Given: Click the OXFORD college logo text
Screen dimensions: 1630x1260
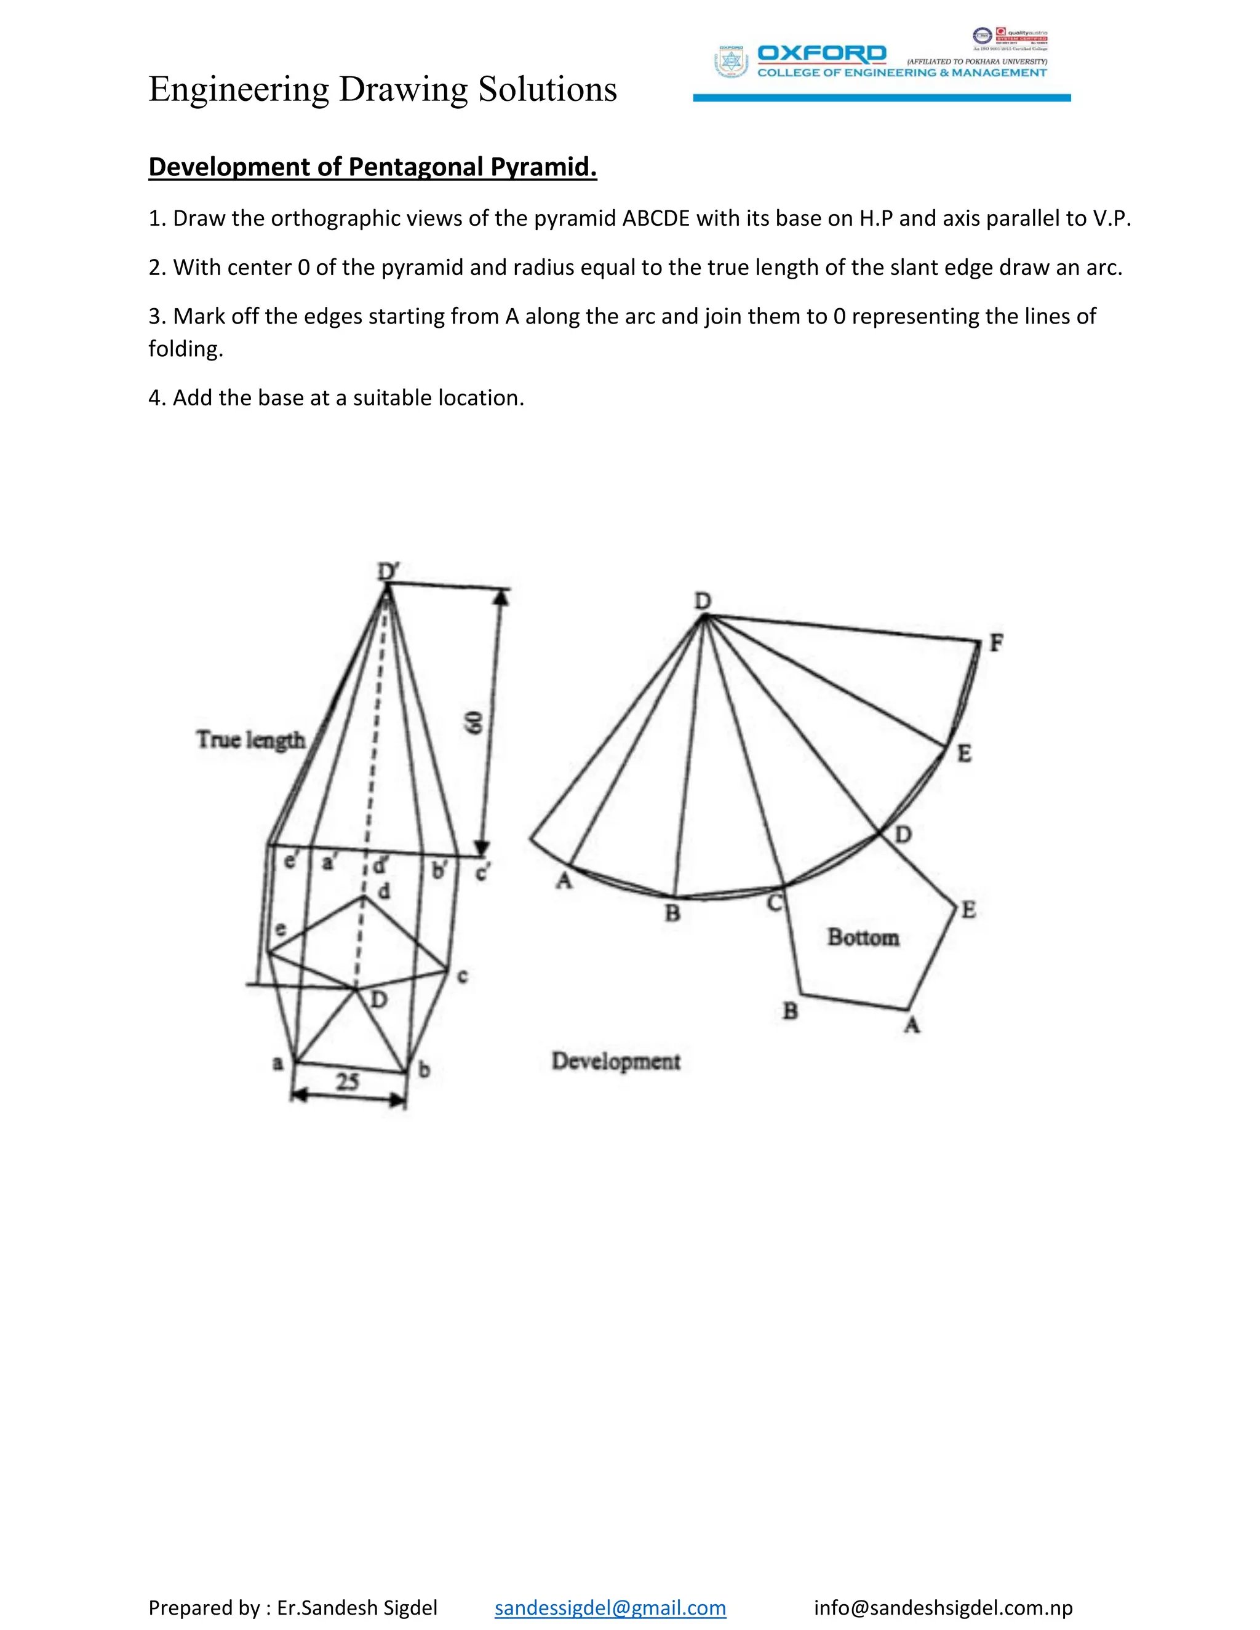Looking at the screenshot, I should (x=821, y=54).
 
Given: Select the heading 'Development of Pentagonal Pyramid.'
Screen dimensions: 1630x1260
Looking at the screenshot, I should (x=372, y=167).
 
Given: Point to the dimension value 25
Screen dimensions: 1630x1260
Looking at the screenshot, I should (x=347, y=1081).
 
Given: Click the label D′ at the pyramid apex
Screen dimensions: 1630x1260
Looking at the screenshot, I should (x=388, y=571).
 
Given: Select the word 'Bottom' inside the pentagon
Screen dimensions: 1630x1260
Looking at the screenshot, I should (x=863, y=937).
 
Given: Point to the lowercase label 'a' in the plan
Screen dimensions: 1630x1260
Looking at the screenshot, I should (x=277, y=1062).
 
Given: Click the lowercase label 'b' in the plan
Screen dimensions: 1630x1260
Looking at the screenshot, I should (x=424, y=1070).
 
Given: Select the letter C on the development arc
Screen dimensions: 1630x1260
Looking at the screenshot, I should (x=774, y=903).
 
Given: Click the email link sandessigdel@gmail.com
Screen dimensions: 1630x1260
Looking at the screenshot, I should (x=610, y=1607).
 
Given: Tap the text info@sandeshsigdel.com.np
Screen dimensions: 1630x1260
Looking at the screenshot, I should (x=943, y=1607).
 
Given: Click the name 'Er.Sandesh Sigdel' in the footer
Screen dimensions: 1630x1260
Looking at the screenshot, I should (x=357, y=1607).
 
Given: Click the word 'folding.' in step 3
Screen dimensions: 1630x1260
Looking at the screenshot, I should (x=186, y=349).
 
